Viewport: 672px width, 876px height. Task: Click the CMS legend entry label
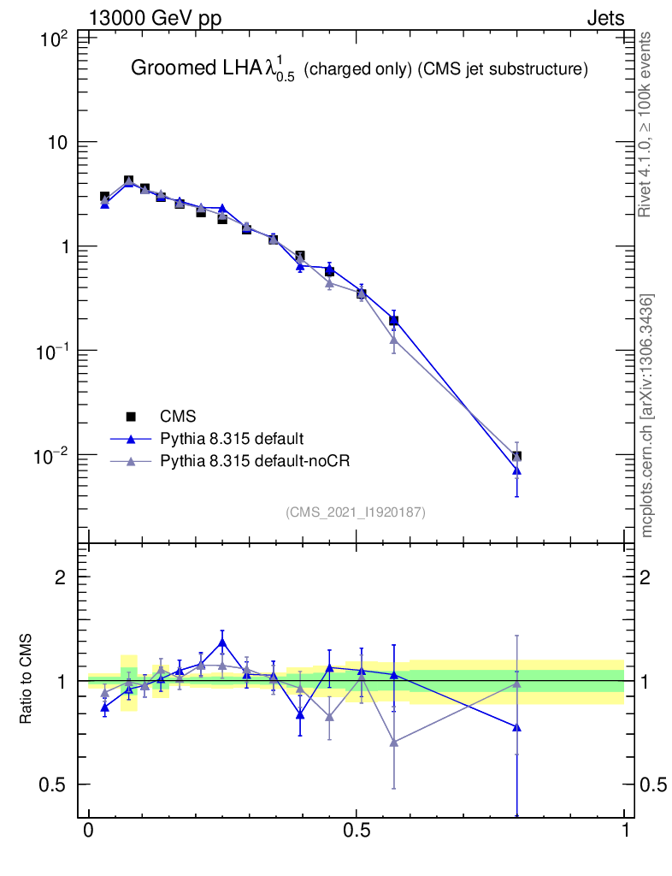178,417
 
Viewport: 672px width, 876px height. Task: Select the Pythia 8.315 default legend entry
232,439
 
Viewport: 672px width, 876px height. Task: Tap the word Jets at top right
604,18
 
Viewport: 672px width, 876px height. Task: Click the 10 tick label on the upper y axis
56,142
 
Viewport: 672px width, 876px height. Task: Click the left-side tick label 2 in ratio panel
61,577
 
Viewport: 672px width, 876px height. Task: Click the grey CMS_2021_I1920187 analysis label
356,512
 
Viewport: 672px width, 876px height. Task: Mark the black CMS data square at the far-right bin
516,457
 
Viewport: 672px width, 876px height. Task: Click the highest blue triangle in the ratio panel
222,642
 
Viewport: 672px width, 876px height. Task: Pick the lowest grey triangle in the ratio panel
394,742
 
